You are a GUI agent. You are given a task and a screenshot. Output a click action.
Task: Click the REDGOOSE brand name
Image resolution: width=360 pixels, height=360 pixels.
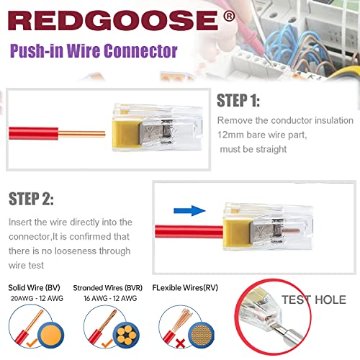point(113,21)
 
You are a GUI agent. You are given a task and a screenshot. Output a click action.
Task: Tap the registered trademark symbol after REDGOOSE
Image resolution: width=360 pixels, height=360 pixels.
point(229,16)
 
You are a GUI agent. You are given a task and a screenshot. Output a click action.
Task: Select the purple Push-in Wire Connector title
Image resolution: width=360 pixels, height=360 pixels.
point(94,51)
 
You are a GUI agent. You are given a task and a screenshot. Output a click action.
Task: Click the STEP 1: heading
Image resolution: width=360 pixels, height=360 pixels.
point(238,100)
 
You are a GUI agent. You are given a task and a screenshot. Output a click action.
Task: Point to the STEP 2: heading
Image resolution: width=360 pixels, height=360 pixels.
point(31,199)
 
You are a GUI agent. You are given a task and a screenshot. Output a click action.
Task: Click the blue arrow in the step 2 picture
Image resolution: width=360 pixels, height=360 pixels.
point(189,210)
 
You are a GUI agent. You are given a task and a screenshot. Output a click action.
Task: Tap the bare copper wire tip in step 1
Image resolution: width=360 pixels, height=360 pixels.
point(104,134)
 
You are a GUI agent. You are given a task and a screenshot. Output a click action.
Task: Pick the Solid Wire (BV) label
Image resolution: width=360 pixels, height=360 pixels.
point(34,287)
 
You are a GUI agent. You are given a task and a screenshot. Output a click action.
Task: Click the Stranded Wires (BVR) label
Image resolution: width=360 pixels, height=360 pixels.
point(108,288)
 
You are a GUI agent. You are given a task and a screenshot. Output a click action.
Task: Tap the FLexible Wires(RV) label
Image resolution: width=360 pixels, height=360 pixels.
point(185,287)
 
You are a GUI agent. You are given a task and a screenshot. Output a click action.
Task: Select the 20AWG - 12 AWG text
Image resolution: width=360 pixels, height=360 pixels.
point(37,298)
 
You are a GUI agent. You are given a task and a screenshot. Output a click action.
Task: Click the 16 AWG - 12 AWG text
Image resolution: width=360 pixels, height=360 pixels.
point(110,298)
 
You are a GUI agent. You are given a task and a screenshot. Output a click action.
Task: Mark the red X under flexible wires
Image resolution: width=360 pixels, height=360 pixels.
point(181,344)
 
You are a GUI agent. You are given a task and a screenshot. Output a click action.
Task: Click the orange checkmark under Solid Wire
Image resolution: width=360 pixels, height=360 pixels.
point(32,343)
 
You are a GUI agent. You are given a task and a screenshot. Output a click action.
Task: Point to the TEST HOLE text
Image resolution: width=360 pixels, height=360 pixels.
point(314,300)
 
